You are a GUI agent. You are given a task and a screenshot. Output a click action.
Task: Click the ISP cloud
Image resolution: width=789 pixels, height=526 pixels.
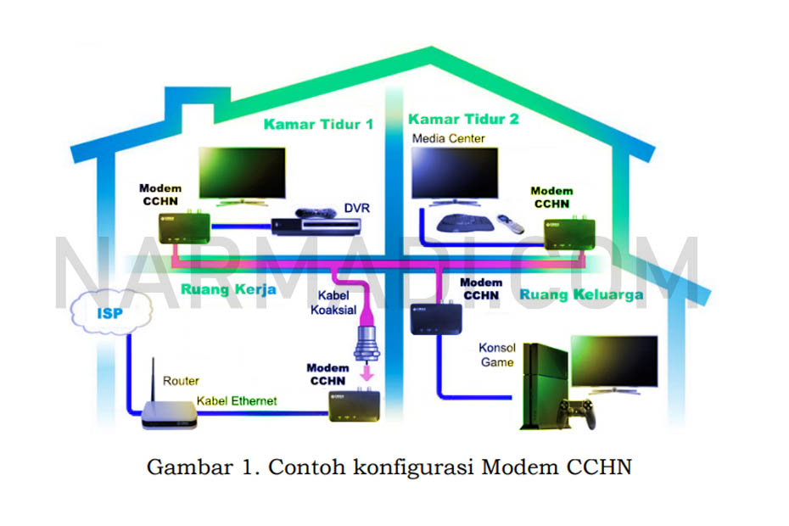[110, 314]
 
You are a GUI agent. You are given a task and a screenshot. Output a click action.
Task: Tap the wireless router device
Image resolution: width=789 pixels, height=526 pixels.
[167, 412]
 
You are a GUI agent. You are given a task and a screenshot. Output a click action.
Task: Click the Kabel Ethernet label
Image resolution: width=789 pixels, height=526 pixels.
[237, 400]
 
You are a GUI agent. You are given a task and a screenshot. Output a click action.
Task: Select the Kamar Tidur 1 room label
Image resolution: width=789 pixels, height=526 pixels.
[317, 124]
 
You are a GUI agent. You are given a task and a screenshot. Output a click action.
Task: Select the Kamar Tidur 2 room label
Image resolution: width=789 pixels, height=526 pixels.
[463, 119]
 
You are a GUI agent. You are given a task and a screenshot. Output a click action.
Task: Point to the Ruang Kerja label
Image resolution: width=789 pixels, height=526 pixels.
[228, 289]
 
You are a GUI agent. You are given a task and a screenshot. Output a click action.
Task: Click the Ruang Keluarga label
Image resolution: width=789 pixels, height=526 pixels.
[581, 294]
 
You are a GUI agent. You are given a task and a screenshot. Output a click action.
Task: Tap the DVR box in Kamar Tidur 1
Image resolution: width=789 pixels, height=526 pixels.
[316, 224]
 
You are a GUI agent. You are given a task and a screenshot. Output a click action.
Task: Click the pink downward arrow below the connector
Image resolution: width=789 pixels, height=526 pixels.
[367, 373]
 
